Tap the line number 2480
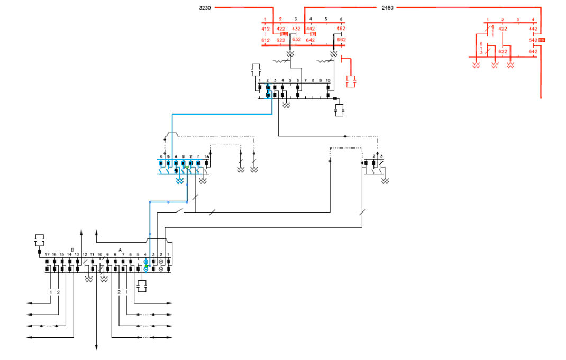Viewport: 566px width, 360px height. [x=387, y=8]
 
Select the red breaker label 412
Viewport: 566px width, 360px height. [x=266, y=29]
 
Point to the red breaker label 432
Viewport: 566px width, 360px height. [x=296, y=29]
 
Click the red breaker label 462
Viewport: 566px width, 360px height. [x=341, y=29]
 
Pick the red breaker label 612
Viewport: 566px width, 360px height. [x=266, y=40]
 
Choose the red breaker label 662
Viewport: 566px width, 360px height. [x=341, y=40]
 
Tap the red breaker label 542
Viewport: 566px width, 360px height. [x=533, y=40]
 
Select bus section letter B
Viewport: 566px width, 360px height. [x=72, y=249]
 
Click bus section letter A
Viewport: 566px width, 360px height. [x=120, y=249]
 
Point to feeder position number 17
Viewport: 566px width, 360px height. [x=47, y=255]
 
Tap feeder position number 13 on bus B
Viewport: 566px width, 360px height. [x=77, y=255]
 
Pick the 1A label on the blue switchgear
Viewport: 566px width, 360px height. [x=207, y=156]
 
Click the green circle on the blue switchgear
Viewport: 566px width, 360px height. [x=187, y=167]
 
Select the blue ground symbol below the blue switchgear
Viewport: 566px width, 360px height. [x=180, y=181]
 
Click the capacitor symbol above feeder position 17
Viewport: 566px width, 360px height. [x=40, y=239]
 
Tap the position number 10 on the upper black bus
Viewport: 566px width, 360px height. [x=328, y=80]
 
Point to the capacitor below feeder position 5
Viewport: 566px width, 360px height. [x=141, y=286]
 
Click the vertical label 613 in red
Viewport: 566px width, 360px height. [x=481, y=48]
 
